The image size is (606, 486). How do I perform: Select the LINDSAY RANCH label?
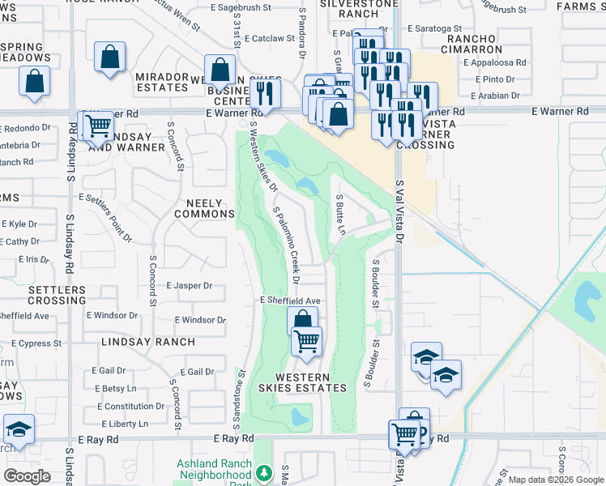(148, 342)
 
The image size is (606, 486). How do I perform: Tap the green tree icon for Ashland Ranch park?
(263, 472)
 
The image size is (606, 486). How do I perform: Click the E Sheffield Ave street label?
(291, 300)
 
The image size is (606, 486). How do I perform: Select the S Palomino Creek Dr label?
(287, 245)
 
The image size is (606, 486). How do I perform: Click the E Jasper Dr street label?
(189, 285)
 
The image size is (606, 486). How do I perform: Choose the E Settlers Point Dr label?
(105, 216)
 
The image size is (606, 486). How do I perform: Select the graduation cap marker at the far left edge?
(19, 429)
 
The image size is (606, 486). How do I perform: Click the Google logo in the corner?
(28, 476)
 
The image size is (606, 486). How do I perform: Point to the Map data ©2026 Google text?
(555, 480)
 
